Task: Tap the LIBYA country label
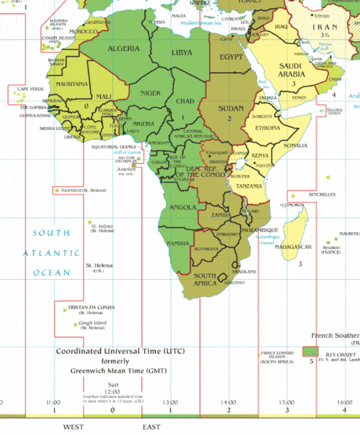tap(181, 52)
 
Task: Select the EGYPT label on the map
tap(232, 57)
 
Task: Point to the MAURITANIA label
tap(71, 84)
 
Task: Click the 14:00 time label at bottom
tap(228, 401)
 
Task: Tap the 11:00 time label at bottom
tap(53, 401)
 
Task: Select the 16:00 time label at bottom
tap(345, 401)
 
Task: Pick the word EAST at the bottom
tap(151, 428)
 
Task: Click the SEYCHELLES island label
tap(322, 194)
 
